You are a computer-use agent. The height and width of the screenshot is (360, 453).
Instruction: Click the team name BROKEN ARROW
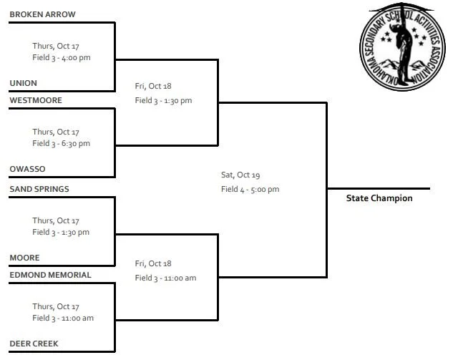[42, 14]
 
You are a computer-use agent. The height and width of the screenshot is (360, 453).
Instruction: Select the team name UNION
[23, 83]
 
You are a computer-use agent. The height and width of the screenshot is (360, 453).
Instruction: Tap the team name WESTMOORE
[36, 100]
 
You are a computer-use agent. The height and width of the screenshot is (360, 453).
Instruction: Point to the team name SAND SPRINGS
[39, 189]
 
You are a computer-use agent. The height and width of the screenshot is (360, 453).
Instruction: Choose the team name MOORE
[24, 258]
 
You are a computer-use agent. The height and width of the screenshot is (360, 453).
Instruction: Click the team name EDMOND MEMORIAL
[50, 275]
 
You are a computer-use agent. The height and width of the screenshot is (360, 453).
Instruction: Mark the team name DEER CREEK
[34, 344]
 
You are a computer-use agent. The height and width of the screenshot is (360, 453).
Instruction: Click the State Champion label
[379, 198]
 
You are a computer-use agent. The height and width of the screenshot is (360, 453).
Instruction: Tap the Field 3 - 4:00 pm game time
[62, 57]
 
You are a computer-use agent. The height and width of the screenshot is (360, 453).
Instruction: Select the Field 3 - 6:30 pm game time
[62, 143]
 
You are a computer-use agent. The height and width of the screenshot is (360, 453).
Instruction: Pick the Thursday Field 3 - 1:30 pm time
[62, 232]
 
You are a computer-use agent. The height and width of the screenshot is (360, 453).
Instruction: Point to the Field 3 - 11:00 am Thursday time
[63, 318]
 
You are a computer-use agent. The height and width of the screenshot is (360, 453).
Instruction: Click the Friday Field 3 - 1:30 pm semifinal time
[163, 100]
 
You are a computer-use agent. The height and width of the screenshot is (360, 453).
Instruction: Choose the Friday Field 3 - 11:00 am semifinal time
[165, 278]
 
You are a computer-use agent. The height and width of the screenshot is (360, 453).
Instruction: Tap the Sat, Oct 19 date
[240, 175]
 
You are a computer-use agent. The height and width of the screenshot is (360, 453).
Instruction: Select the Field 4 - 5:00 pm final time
[250, 189]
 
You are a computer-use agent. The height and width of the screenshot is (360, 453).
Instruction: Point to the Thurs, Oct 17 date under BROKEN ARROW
[56, 46]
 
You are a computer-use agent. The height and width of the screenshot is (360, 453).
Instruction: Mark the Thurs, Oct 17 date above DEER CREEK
[56, 306]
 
